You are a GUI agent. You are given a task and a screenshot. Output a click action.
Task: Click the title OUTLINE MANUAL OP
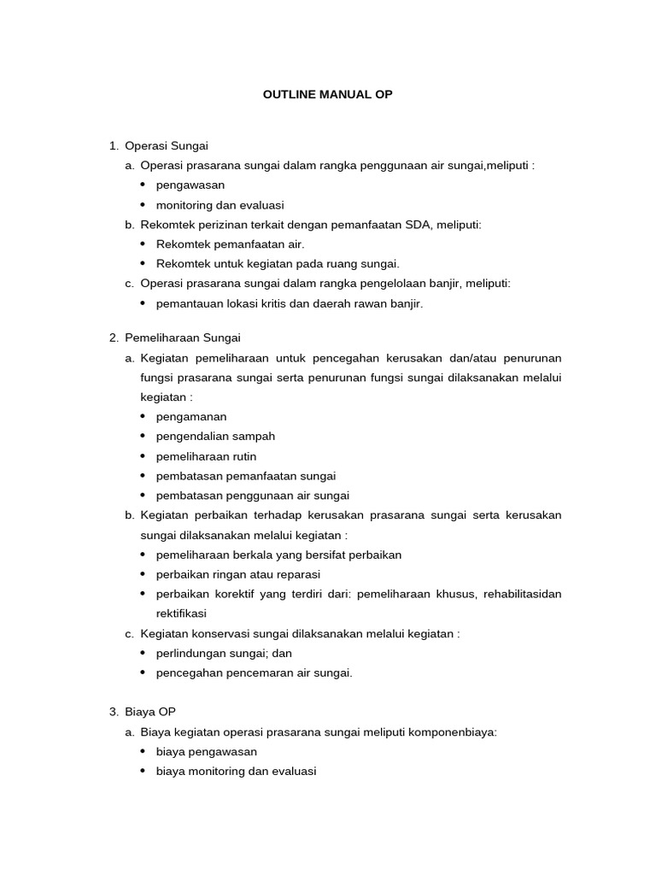click(327, 95)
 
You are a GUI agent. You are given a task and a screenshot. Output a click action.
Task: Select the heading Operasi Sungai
click(167, 145)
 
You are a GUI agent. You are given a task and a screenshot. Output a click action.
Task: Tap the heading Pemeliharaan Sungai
click(183, 338)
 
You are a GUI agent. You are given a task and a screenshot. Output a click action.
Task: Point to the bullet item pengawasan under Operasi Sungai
click(190, 185)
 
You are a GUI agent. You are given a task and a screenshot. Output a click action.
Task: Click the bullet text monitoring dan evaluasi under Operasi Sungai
click(220, 205)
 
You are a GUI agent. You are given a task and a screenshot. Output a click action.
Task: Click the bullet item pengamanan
click(191, 416)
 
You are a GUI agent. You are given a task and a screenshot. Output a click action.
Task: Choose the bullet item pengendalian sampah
click(215, 436)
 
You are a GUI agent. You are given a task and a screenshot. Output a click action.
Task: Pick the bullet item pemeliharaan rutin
click(206, 456)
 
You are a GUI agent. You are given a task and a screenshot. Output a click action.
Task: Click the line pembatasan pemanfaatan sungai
click(246, 476)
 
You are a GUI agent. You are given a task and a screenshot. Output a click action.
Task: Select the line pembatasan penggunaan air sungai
click(253, 496)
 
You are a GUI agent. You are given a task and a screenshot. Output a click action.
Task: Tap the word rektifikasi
click(181, 614)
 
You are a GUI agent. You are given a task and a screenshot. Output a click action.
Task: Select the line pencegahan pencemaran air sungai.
click(254, 672)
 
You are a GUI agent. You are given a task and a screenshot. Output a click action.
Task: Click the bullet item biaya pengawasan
click(207, 752)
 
